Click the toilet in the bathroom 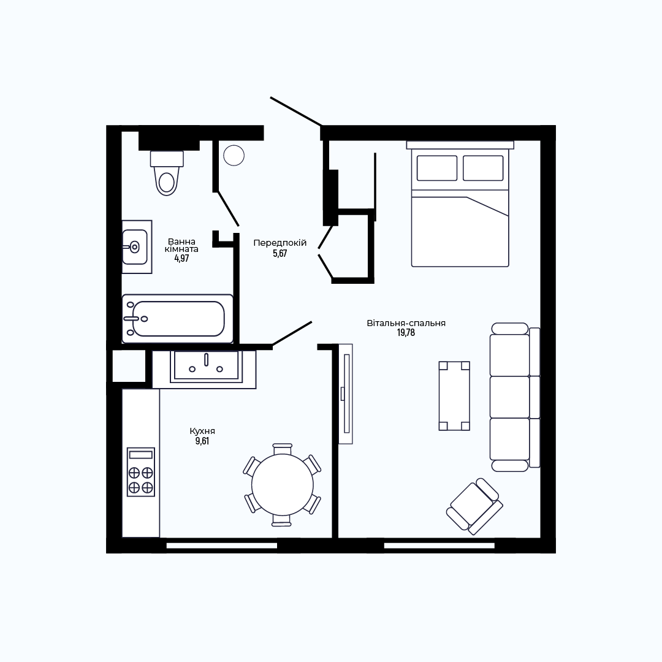[x=167, y=173]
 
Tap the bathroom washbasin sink [x=135, y=247]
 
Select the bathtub [x=177, y=319]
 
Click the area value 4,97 [x=181, y=259]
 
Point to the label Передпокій [x=280, y=243]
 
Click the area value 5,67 [x=280, y=253]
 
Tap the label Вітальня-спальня [x=406, y=324]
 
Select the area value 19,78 [x=406, y=333]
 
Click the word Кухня [x=202, y=431]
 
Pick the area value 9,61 [x=202, y=441]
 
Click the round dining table [x=283, y=485]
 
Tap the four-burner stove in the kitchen [x=141, y=472]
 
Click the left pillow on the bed [x=437, y=168]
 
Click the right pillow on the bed [x=483, y=168]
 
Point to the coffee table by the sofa [x=454, y=396]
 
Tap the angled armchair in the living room [x=474, y=506]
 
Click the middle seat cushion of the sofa [x=509, y=397]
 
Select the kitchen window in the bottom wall [x=222, y=546]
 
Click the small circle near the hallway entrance [x=234, y=155]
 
